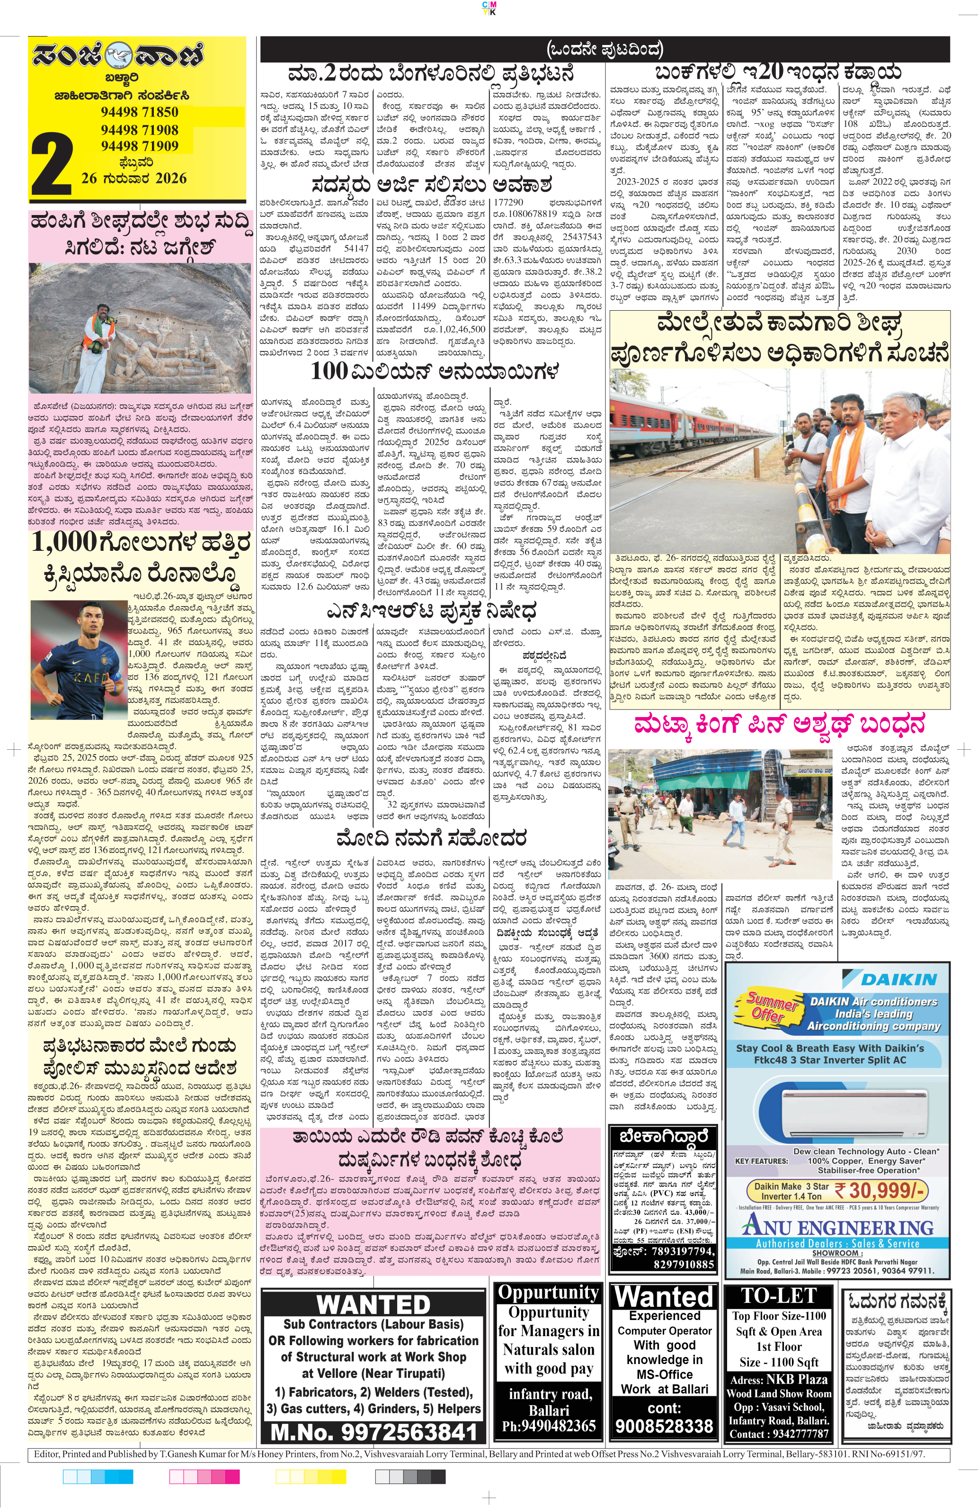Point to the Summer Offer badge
(773, 1007)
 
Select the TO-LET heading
(778, 1295)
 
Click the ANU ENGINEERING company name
(838, 1227)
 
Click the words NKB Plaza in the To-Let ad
(797, 1379)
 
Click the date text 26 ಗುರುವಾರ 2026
(134, 178)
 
